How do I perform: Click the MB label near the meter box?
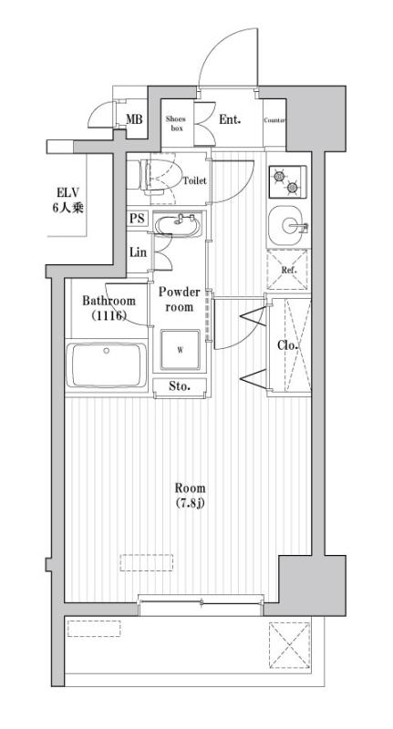[134, 119]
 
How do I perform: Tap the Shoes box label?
[176, 124]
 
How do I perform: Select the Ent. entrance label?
[230, 119]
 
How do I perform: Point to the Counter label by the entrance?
[274, 120]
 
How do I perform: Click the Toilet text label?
[195, 180]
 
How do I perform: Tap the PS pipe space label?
[137, 218]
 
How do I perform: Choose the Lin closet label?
[138, 252]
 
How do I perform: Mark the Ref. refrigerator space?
[288, 270]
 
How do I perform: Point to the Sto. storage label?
[180, 385]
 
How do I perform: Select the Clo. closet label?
[287, 345]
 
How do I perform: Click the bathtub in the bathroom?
[107, 365]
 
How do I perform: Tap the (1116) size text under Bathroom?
[109, 315]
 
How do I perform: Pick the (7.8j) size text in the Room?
[191, 503]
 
